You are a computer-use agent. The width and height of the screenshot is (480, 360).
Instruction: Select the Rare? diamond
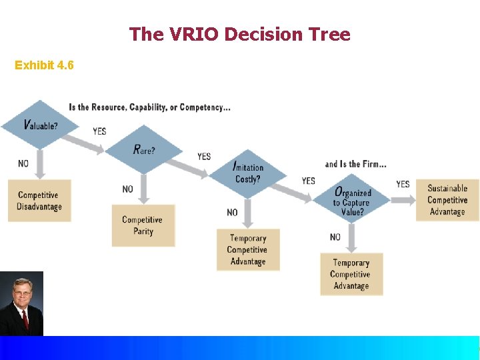[144, 149]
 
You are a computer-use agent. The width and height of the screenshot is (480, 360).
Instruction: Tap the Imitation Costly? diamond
[248, 173]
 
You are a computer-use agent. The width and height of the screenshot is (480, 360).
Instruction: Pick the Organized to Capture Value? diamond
[353, 198]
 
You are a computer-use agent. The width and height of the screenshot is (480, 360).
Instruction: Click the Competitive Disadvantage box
[39, 201]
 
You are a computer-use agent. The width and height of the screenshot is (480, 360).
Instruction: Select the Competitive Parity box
[143, 225]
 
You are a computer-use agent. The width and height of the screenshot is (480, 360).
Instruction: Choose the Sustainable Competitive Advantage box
[447, 199]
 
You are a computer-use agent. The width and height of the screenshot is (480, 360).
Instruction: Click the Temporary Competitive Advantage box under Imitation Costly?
[248, 250]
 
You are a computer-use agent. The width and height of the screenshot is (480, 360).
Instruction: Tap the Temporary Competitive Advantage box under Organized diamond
[351, 274]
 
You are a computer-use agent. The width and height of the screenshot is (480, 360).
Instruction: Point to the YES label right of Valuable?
[99, 131]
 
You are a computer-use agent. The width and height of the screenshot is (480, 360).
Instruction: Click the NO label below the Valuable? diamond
[23, 164]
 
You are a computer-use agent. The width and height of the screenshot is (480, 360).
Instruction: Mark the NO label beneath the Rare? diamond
[128, 189]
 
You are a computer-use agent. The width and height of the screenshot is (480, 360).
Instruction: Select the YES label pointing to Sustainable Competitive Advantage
[403, 184]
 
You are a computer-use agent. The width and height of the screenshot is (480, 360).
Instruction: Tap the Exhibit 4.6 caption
[44, 65]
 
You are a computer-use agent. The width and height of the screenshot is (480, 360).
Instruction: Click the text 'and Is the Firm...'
[355, 164]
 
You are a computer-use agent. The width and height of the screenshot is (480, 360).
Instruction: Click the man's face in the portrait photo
[22, 297]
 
